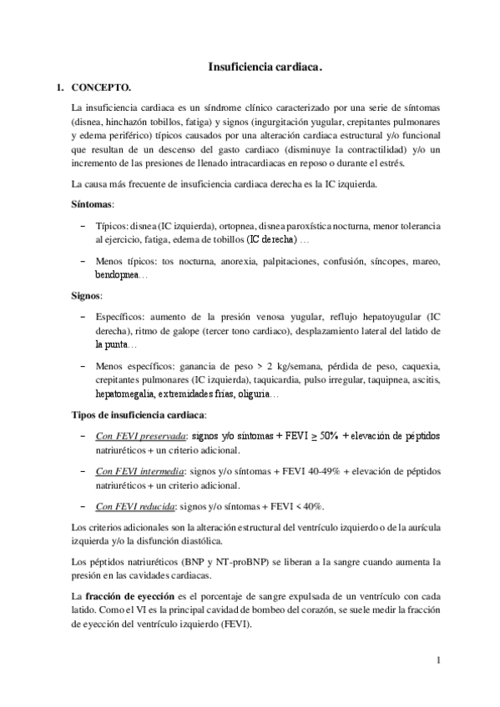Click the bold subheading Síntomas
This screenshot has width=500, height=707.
[92, 203]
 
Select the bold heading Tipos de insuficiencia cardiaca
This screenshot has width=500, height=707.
[139, 414]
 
